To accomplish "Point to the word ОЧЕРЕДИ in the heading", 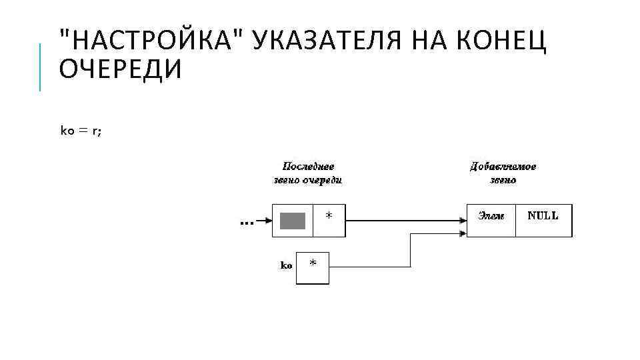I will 120,69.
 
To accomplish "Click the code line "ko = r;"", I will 81,131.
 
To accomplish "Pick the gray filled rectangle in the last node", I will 293,221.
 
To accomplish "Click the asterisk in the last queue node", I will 328,216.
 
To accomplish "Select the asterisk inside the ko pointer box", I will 313,263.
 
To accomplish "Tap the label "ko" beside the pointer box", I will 285,265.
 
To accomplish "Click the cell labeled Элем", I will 491,215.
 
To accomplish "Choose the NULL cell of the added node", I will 543,215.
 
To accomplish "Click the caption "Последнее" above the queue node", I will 308,167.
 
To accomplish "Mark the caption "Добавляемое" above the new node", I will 503,167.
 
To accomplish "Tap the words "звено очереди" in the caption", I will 308,180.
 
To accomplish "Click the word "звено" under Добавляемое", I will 503,180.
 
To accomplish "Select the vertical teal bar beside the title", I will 41,67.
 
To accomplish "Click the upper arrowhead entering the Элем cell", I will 462,221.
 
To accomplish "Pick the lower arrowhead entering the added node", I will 462,233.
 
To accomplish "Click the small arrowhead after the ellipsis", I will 268,221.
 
